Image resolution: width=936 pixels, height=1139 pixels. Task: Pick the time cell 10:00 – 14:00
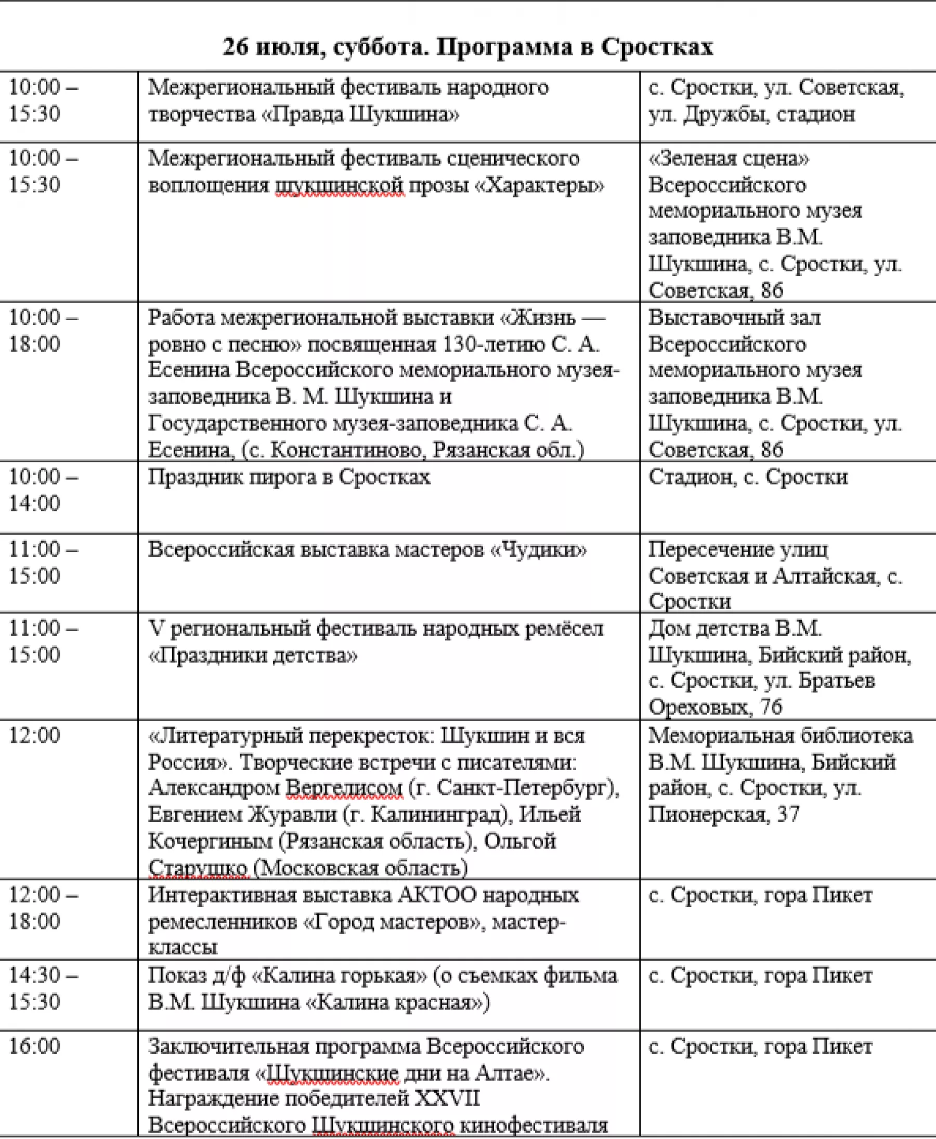click(43, 490)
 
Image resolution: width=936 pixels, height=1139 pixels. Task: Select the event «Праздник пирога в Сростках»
click(289, 477)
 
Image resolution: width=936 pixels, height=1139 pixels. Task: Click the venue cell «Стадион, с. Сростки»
click(748, 477)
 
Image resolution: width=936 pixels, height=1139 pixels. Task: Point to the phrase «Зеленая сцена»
click(729, 159)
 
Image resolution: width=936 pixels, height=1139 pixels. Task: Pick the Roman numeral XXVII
click(447, 1098)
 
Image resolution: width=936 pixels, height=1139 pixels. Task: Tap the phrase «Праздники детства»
click(252, 656)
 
